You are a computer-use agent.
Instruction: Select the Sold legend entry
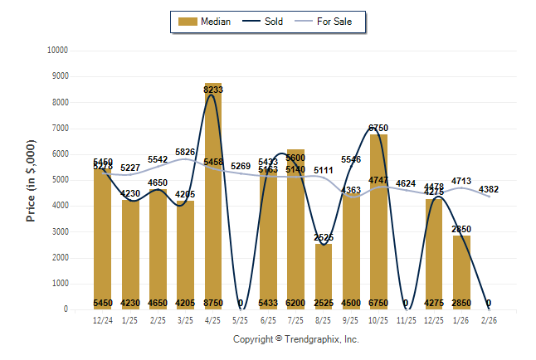click(x=266, y=22)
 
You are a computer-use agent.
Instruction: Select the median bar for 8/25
click(x=324, y=274)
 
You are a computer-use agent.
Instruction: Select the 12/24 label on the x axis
click(x=103, y=319)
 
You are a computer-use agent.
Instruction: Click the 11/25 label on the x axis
click(x=406, y=319)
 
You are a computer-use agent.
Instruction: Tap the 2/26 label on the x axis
click(x=489, y=319)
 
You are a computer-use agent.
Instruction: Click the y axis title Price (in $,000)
click(x=32, y=180)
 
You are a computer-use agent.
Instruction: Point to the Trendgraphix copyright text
click(x=295, y=339)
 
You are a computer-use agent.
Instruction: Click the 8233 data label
click(x=213, y=90)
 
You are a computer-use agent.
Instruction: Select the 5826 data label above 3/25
click(x=186, y=152)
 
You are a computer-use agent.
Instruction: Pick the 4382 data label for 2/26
click(x=489, y=189)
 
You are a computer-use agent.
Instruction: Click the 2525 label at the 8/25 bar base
click(x=324, y=303)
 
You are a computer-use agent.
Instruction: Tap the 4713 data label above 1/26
click(x=461, y=180)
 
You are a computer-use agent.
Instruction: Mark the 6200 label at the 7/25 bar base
click(x=296, y=303)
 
